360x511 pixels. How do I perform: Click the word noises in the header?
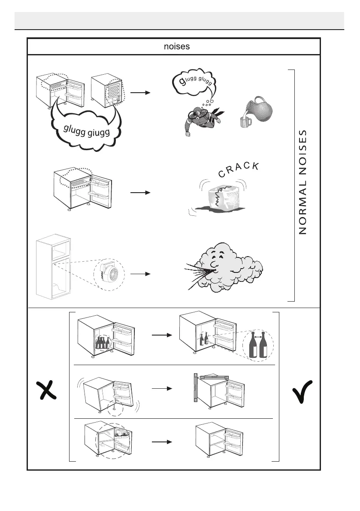pyautogui.click(x=177, y=46)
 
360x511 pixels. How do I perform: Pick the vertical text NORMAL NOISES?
pyautogui.click(x=303, y=182)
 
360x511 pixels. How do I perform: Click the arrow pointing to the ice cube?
pyautogui.click(x=141, y=193)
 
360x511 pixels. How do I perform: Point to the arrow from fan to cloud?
pyautogui.click(x=141, y=273)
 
